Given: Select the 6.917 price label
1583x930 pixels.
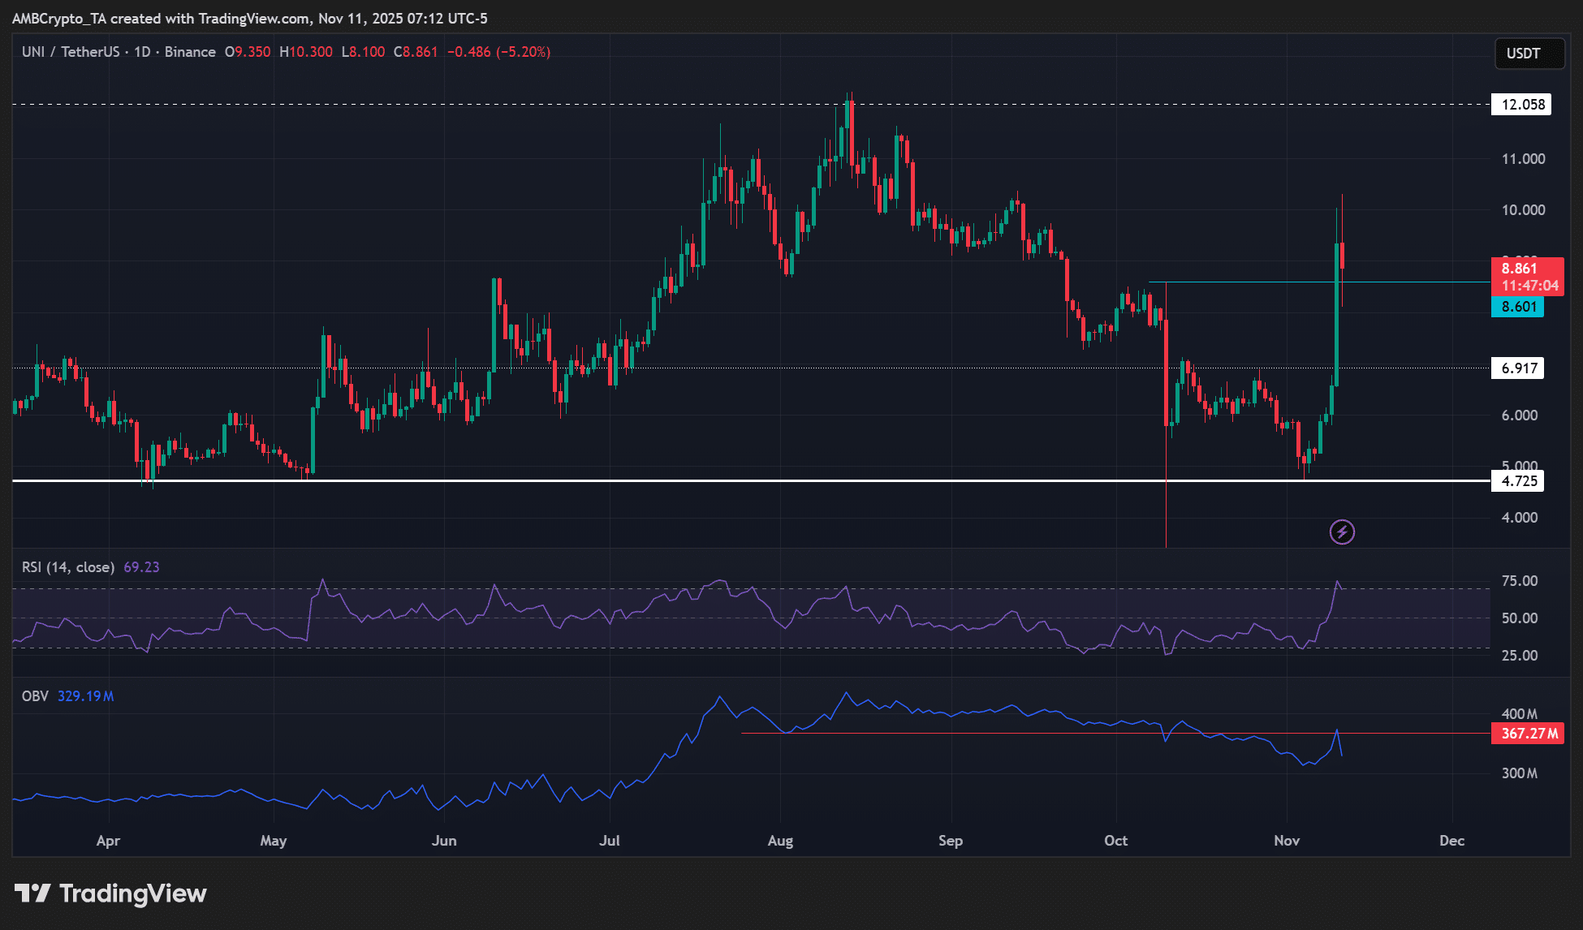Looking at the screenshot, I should pyautogui.click(x=1518, y=368).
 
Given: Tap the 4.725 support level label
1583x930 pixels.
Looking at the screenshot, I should pyautogui.click(x=1518, y=481).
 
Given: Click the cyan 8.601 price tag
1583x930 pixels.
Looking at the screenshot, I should pyautogui.click(x=1517, y=307).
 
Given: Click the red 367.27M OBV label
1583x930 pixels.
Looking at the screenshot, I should pyautogui.click(x=1529, y=734).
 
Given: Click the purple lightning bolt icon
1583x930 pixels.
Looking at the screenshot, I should pyautogui.click(x=1342, y=532).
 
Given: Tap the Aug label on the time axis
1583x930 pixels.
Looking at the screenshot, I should pyautogui.click(x=780, y=841).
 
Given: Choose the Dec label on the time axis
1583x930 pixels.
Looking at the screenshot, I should pyautogui.click(x=1451, y=841).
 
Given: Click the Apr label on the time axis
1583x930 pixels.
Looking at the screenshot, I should pyautogui.click(x=108, y=841).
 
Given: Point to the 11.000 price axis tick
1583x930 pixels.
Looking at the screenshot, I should pyautogui.click(x=1523, y=159).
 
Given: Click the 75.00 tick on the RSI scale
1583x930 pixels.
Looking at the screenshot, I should pyautogui.click(x=1519, y=581).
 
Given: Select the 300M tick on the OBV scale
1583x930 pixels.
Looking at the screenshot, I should pyautogui.click(x=1519, y=773).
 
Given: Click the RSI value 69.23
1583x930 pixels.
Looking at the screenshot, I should pyautogui.click(x=141, y=567).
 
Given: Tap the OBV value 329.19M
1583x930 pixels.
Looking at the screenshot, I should pyautogui.click(x=85, y=696).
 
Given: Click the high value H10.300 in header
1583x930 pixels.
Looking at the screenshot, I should pyautogui.click(x=306, y=52).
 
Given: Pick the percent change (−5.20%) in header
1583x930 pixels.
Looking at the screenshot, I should pyautogui.click(x=524, y=52).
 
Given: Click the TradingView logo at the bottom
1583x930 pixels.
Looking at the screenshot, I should pyautogui.click(x=111, y=893).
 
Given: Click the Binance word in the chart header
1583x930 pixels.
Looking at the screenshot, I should pyautogui.click(x=190, y=52).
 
